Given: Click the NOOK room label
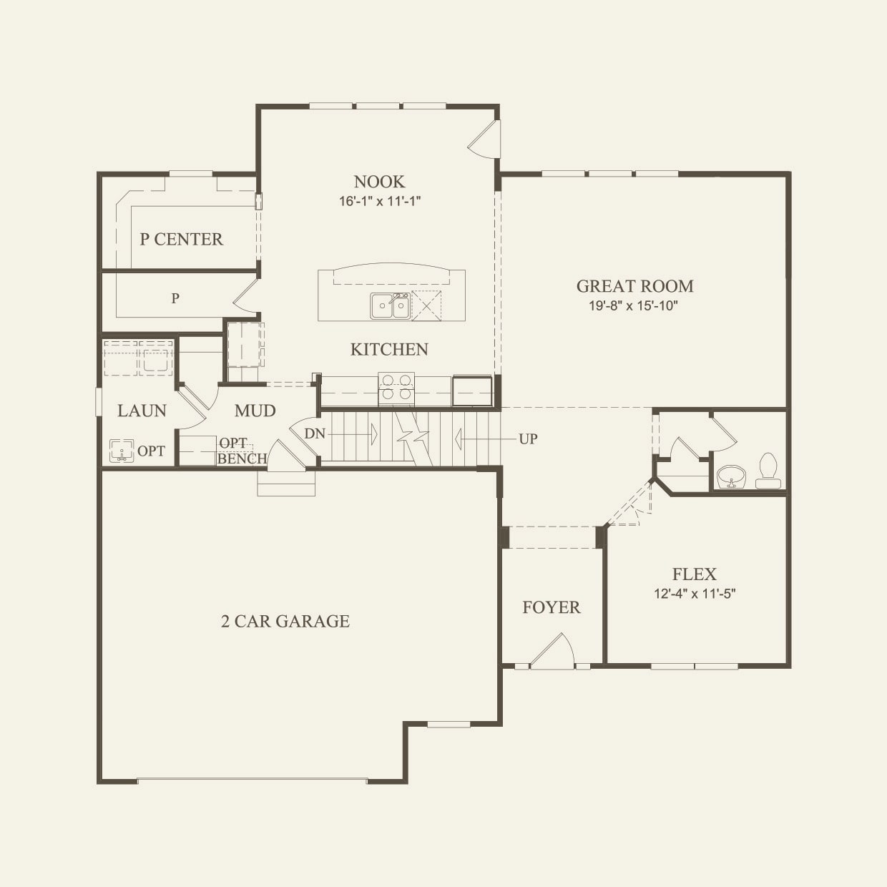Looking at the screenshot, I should [379, 182].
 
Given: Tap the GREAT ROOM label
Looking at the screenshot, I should [634, 286].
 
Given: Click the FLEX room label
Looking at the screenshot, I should [694, 574].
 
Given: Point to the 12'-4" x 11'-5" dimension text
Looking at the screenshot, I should [694, 594].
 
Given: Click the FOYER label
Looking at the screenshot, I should [551, 607].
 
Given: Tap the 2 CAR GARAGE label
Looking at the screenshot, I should [285, 621].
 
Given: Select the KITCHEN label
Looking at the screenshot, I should [389, 349].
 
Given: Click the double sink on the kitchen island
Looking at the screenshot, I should [390, 305].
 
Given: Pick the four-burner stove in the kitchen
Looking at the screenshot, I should [396, 387].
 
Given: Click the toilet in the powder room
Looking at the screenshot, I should [768, 471].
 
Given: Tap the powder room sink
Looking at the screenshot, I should [730, 476].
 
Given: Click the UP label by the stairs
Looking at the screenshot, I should [528, 438].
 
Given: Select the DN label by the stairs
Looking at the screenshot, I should [315, 433].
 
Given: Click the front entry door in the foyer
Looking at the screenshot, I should [553, 653].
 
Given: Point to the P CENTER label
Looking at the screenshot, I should [181, 239].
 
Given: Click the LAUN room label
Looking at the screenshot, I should [142, 411].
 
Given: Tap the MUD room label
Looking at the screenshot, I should [255, 411].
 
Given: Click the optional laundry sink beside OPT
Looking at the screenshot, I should [122, 451].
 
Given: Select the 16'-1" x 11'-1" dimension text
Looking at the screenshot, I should [379, 202].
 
